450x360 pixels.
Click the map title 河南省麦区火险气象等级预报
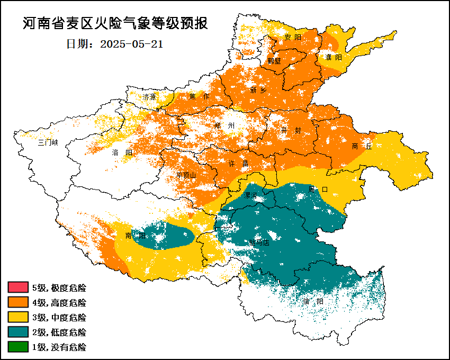click(x=115, y=24)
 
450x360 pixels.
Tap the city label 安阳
click(x=292, y=37)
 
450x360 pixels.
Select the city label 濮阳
click(x=334, y=57)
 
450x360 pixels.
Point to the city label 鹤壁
click(x=274, y=60)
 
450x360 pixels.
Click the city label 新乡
click(x=258, y=90)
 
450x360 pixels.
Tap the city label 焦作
click(x=200, y=96)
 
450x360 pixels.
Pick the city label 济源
click(x=150, y=97)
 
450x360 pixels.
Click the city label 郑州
click(x=224, y=126)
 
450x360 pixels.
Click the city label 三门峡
click(x=48, y=143)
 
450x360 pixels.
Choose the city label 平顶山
click(x=186, y=175)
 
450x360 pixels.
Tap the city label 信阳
click(x=313, y=301)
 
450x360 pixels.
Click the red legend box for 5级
click(x=17, y=288)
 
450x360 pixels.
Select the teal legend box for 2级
click(x=17, y=332)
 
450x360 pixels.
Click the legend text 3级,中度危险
click(x=59, y=318)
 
